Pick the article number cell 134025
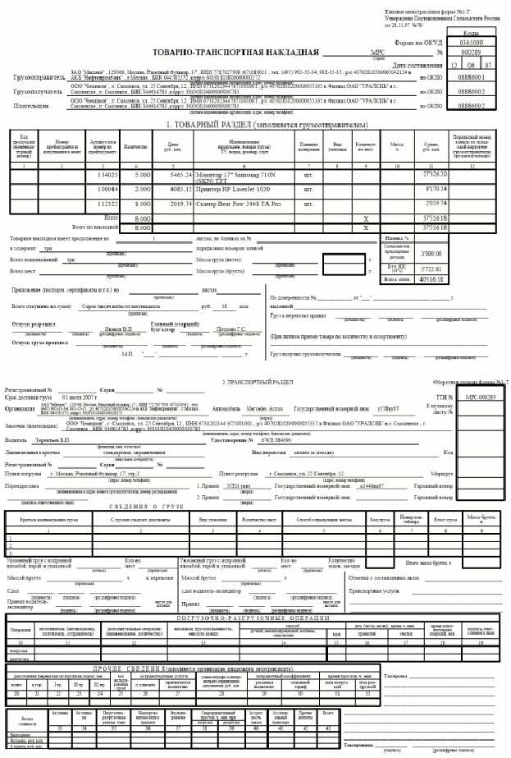click(108, 175)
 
